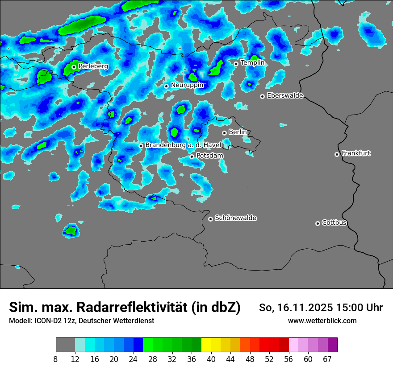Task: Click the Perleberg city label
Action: coord(93,66)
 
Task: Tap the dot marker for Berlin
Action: coord(224,133)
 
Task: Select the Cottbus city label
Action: coord(334,223)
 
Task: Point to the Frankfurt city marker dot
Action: coord(337,154)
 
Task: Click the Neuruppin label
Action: coord(187,85)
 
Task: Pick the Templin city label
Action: coord(252,63)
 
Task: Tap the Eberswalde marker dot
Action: coord(262,96)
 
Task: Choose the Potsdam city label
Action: coord(209,156)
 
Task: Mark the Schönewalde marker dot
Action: coord(210,219)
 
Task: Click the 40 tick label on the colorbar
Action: coord(211,359)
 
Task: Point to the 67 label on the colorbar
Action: coord(327,359)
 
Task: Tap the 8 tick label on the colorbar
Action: coord(56,359)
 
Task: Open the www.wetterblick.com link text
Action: coord(322,321)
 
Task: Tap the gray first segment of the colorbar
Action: coord(65,345)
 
